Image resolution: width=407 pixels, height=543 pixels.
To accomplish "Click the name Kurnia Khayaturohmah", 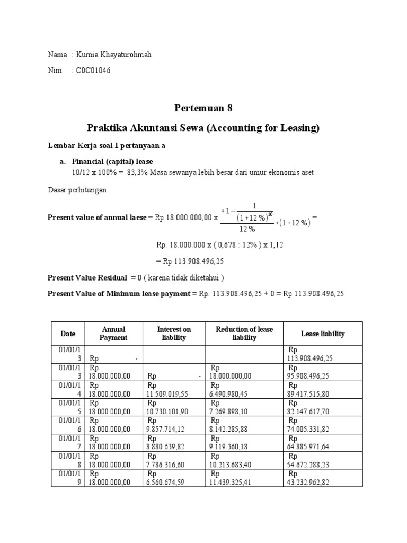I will pyautogui.click(x=113, y=55).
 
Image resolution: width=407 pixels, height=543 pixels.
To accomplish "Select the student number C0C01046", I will pyautogui.click(x=93, y=70).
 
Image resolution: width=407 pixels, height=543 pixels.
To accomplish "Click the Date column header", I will pyautogui.click(x=68, y=334).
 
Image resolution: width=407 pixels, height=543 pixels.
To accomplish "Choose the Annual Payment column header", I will pyautogui.click(x=114, y=334).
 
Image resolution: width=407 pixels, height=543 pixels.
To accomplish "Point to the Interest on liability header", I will pyautogui.click(x=174, y=334).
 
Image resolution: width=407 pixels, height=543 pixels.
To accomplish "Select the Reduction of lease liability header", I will pyautogui.click(x=244, y=334).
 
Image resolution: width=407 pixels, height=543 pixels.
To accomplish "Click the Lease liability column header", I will pyautogui.click(x=322, y=334).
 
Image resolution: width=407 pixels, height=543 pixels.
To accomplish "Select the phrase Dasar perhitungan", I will pyautogui.click(x=77, y=190).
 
